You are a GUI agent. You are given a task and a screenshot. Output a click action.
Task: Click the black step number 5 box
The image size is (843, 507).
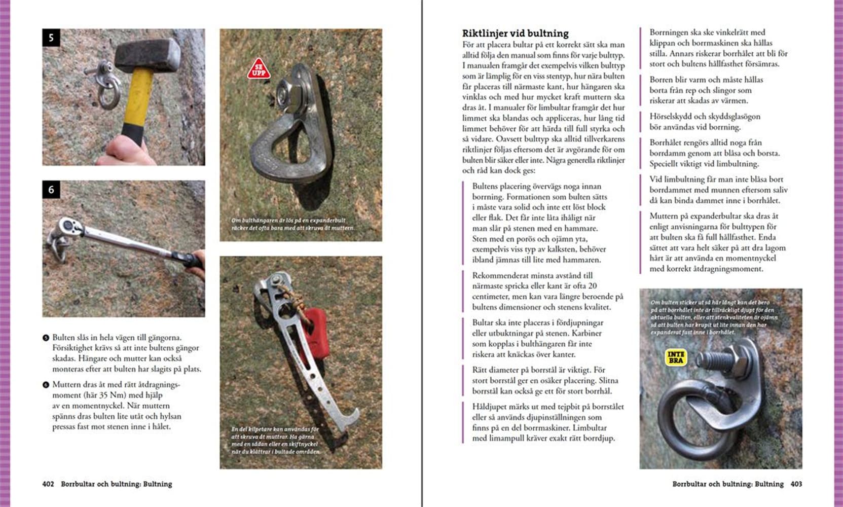51,38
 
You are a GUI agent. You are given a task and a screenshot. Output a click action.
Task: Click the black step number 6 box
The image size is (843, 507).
51,190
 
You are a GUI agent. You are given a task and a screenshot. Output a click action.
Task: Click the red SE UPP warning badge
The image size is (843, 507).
259,69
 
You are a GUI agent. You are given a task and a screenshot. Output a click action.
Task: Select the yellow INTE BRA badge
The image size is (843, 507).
676,357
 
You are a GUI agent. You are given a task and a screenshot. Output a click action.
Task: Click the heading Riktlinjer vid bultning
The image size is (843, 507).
515,33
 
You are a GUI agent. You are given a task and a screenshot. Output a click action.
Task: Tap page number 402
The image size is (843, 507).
48,484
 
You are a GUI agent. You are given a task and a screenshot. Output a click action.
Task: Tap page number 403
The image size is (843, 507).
796,484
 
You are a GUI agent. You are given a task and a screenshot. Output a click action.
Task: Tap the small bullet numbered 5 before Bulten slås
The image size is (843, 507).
46,338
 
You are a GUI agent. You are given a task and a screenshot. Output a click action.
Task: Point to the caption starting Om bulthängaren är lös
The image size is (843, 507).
292,224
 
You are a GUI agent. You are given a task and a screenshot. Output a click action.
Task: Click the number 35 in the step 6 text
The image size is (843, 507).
105,395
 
